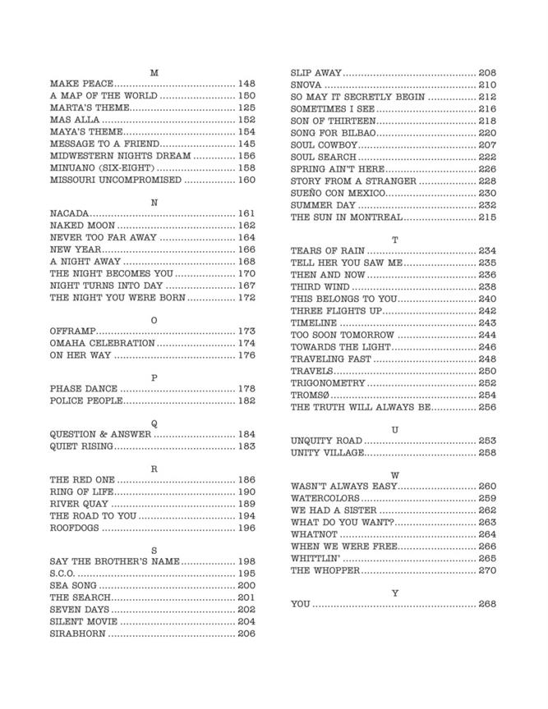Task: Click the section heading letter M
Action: [154, 72]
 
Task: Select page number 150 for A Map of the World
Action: [246, 96]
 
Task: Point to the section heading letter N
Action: [154, 201]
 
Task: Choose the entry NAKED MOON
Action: [82, 226]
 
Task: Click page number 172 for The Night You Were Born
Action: [246, 298]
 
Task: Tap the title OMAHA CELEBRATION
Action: [102, 343]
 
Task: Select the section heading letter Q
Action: [154, 423]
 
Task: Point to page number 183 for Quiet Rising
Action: [246, 446]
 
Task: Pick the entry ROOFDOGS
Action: [75, 528]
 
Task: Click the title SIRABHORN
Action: [77, 634]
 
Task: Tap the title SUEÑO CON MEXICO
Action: [338, 193]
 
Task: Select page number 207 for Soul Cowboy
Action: [487, 144]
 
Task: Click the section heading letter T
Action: [394, 240]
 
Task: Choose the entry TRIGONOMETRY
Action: [328, 383]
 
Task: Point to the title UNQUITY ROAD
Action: [326, 441]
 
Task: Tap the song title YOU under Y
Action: [300, 604]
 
